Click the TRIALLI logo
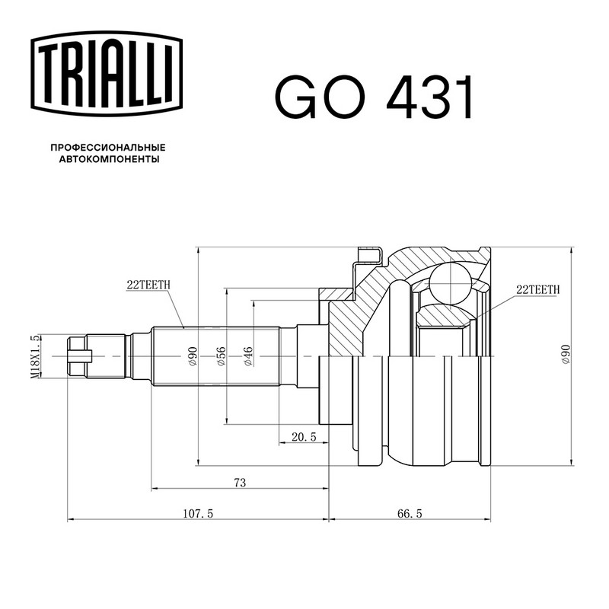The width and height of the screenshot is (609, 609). (x=107, y=73)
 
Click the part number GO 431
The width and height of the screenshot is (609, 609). (x=375, y=97)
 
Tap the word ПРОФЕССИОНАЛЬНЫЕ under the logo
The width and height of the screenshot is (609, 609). (x=108, y=148)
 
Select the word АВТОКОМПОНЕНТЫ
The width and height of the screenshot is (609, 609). (x=109, y=159)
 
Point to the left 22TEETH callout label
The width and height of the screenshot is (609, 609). (x=148, y=285)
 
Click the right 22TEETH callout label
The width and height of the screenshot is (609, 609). (x=538, y=289)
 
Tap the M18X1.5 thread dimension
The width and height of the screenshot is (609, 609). (x=35, y=356)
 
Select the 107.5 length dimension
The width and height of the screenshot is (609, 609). (x=198, y=513)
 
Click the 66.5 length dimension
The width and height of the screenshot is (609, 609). (x=410, y=513)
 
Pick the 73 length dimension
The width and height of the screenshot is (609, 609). (x=240, y=483)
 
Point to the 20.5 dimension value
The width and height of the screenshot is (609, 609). (x=304, y=437)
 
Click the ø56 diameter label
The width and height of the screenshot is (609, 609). (x=221, y=356)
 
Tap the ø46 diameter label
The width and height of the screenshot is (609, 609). (x=248, y=356)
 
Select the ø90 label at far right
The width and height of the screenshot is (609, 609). (x=566, y=354)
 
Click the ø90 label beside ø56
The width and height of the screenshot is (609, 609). (x=193, y=356)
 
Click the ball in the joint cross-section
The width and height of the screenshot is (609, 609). (x=449, y=284)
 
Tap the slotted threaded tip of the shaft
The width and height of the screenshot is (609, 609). (x=80, y=356)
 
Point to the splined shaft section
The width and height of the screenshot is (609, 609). (x=215, y=356)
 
